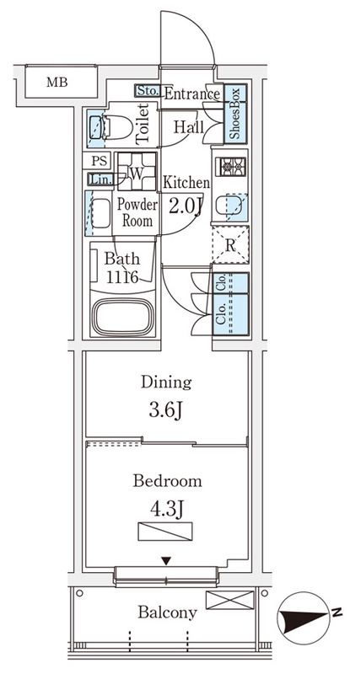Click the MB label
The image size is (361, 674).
click(57, 82)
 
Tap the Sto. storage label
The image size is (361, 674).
click(148, 91)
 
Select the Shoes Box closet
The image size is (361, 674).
click(235, 114)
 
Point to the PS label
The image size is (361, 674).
click(99, 162)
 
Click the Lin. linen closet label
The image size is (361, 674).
click(100, 179)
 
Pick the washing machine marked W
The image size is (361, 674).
click(137, 172)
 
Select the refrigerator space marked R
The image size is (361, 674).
click(230, 245)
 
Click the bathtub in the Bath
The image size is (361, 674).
click(123, 317)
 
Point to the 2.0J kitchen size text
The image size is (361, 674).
click(186, 206)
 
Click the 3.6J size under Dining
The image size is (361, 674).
click(166, 411)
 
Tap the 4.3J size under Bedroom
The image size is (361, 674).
click(167, 510)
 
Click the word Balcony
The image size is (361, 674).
click(167, 612)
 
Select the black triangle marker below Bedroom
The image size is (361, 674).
click(166, 561)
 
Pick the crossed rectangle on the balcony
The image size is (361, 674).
click(229, 600)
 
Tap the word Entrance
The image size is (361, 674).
click(192, 94)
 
